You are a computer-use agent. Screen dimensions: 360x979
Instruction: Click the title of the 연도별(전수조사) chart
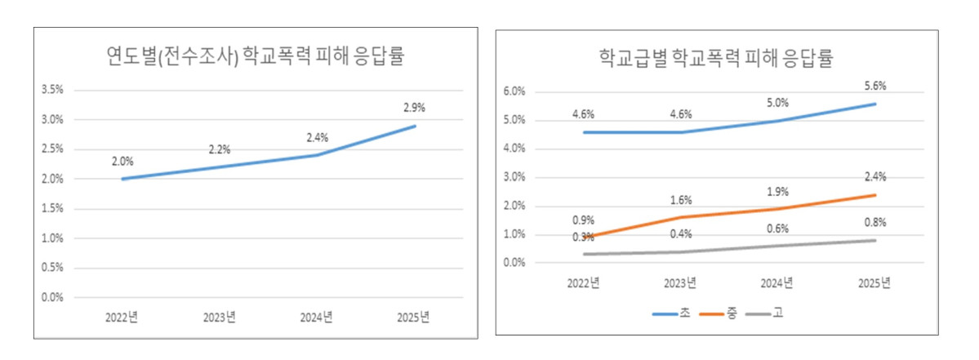[256, 57]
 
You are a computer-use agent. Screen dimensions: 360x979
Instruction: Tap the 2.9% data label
[414, 107]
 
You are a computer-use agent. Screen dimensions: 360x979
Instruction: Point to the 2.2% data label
[219, 149]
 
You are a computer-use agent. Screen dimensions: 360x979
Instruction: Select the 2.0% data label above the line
[122, 162]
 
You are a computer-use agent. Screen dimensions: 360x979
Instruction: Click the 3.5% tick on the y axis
[52, 90]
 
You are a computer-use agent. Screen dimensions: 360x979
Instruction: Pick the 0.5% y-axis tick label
[52, 268]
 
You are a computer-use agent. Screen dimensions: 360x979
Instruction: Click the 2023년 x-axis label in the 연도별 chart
[219, 318]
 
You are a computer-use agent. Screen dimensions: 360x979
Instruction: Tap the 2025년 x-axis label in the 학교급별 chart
[875, 283]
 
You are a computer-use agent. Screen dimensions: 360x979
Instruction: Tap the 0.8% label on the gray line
[875, 222]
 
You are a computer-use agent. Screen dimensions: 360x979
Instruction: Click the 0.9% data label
[583, 220]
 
